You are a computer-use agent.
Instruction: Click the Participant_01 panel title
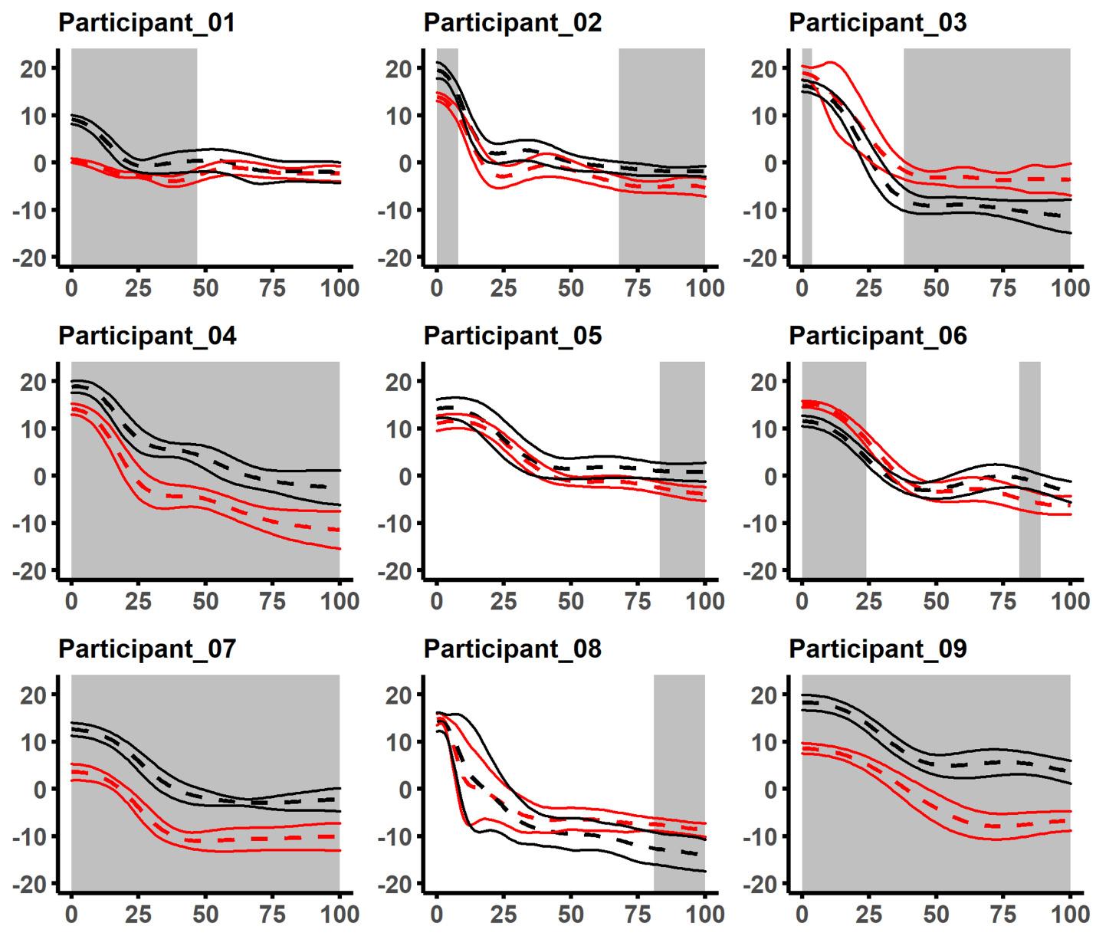146,23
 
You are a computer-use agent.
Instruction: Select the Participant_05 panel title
512,336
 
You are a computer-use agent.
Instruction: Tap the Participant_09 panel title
878,649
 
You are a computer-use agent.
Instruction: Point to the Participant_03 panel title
878,23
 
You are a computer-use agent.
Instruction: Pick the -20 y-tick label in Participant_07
31,884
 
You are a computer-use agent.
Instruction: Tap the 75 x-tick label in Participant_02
638,288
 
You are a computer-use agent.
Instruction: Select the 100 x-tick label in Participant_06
1070,601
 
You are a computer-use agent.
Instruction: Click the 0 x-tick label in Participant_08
437,915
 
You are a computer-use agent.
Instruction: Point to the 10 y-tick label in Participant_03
766,116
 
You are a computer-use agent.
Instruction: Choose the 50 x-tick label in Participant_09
936,915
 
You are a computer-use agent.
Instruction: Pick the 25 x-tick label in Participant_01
138,288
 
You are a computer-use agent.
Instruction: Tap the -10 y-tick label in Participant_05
397,524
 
